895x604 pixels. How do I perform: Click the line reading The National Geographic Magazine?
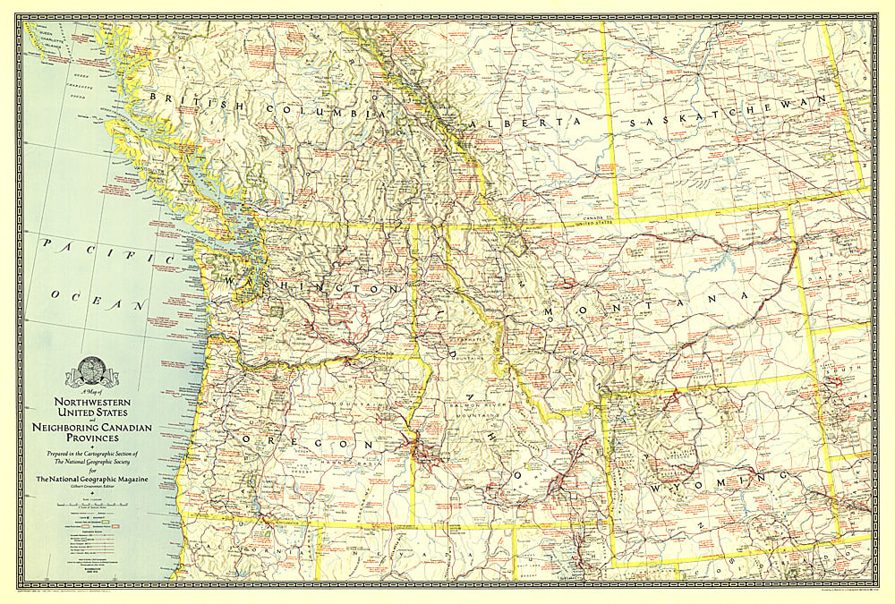pyautogui.click(x=90, y=481)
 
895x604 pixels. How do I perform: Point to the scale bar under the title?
pyautogui.click(x=90, y=506)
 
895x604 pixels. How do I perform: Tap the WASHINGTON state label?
pyautogui.click(x=304, y=285)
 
